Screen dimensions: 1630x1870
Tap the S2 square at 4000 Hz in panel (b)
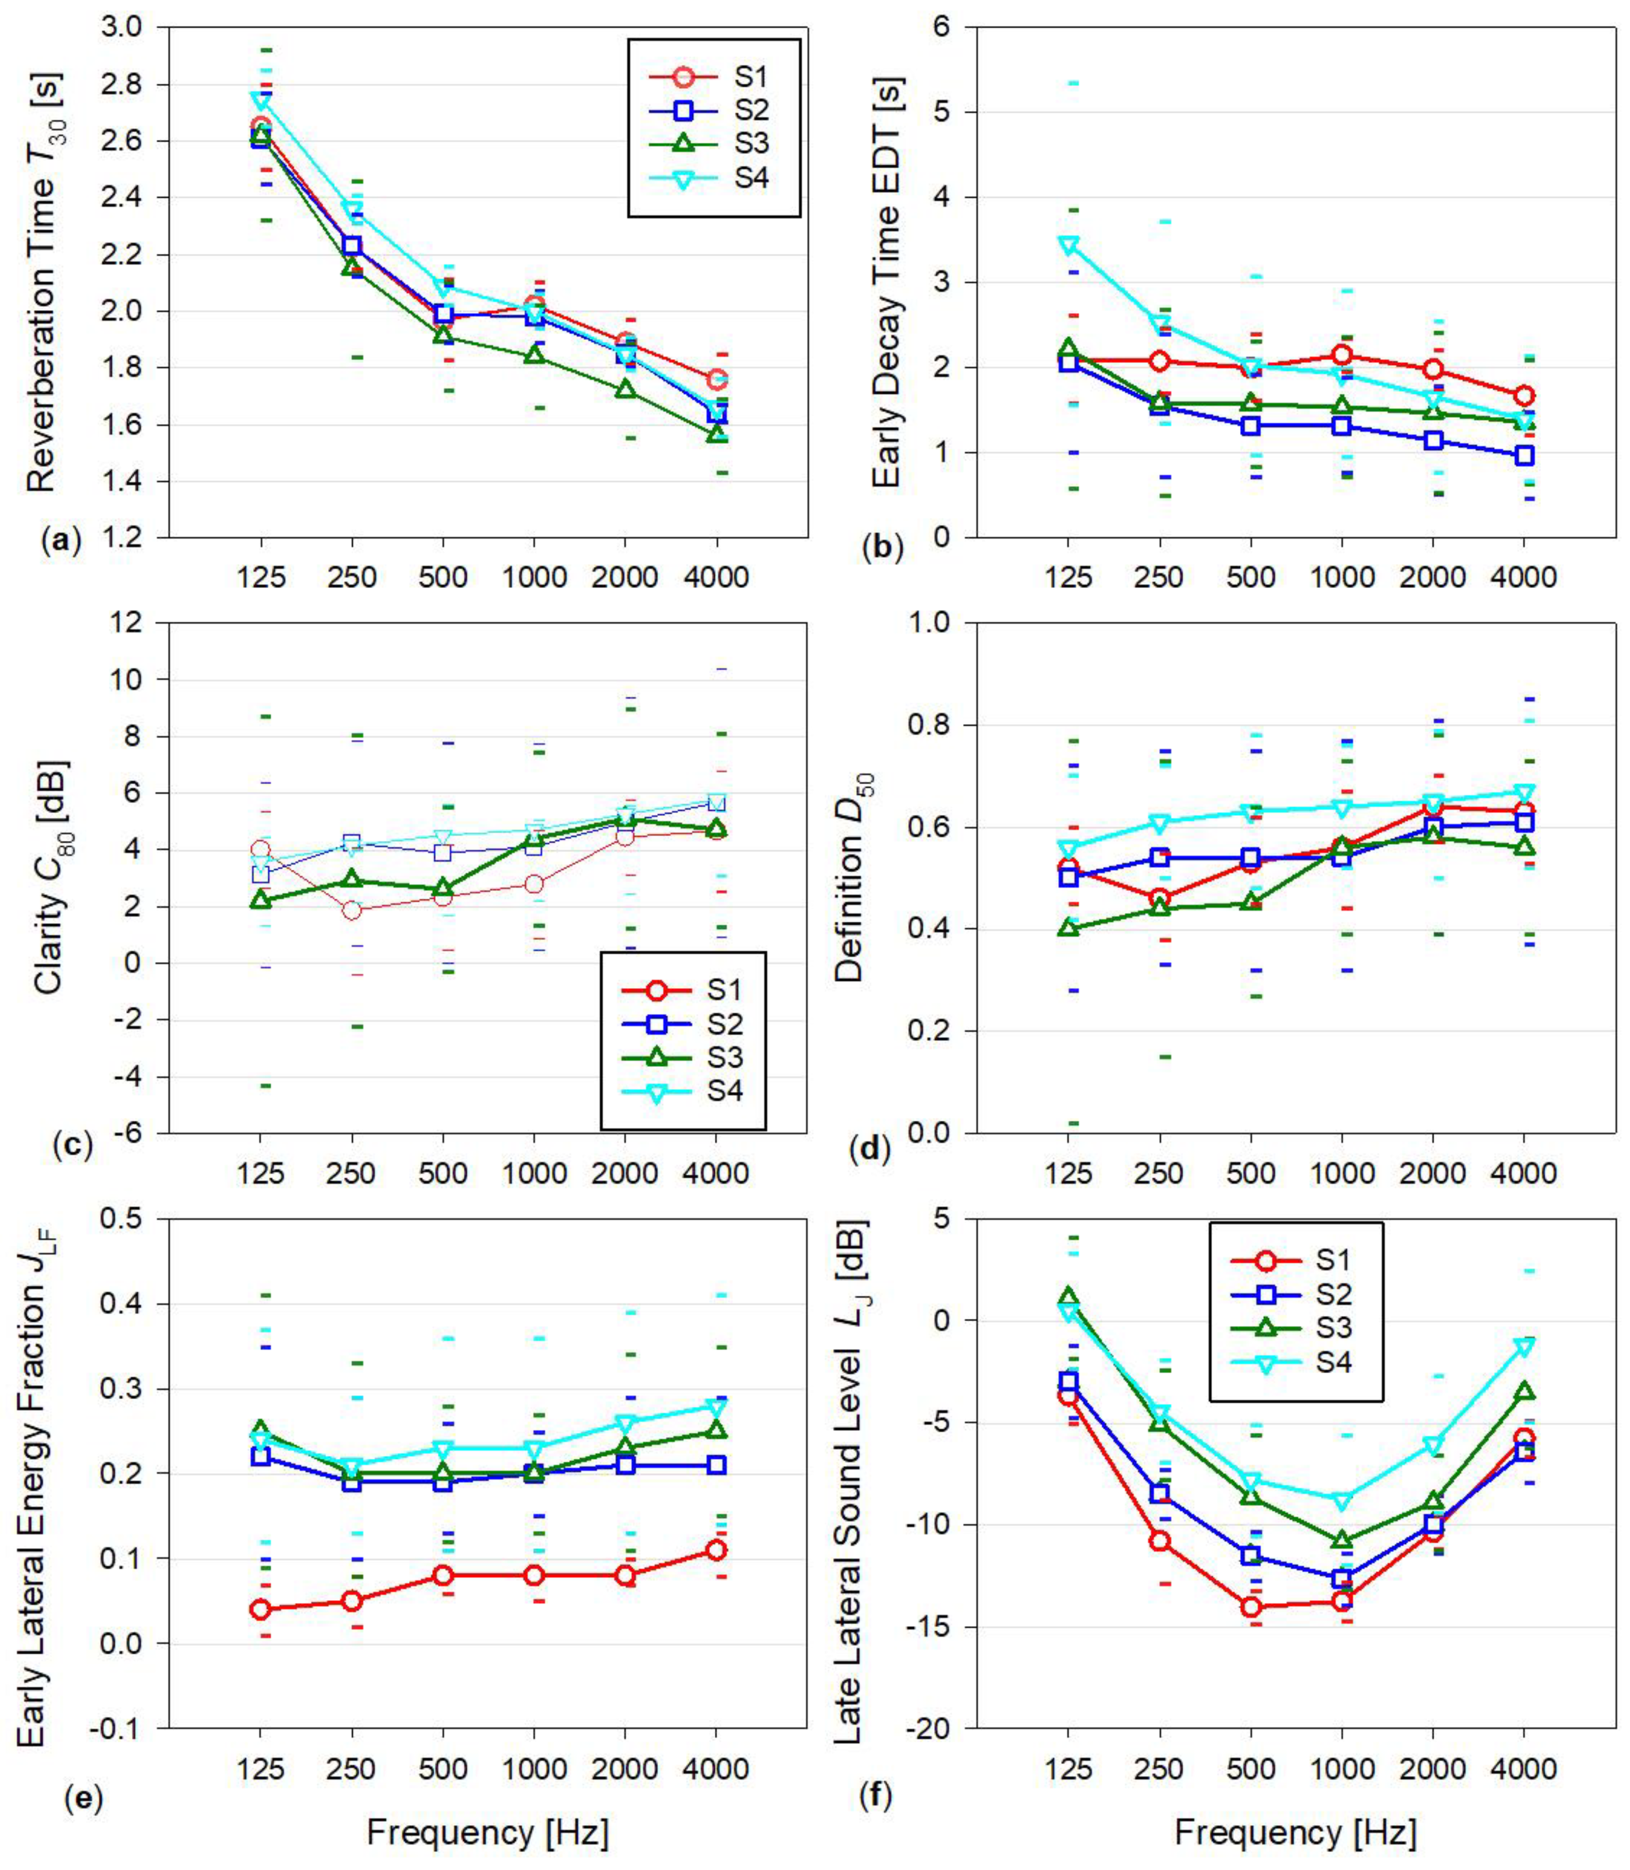coord(1525,456)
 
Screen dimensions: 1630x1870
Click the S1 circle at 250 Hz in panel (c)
coord(352,909)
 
